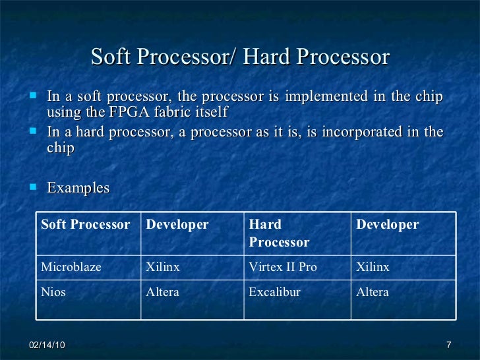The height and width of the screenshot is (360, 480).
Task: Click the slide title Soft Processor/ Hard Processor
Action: pos(240,57)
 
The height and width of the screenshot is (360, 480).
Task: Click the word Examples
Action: pos(78,188)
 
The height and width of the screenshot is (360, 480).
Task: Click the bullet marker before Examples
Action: pos(34,187)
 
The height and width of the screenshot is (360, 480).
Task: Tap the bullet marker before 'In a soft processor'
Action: pos(34,96)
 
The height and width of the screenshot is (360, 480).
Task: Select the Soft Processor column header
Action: pos(86,225)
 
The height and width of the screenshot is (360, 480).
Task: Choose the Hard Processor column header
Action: pos(279,233)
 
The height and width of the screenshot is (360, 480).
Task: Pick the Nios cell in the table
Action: pos(53,292)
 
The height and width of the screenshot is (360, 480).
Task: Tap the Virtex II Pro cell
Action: pos(283,268)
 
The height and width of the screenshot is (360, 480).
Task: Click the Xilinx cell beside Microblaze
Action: pos(163,268)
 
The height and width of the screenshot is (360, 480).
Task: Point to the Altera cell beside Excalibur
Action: pos(373,292)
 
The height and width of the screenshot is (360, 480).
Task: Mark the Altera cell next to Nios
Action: pos(162,292)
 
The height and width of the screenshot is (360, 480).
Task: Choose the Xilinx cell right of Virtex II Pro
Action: pos(373,268)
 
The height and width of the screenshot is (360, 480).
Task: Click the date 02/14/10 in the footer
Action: pos(47,346)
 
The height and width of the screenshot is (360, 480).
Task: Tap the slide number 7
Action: pos(448,346)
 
